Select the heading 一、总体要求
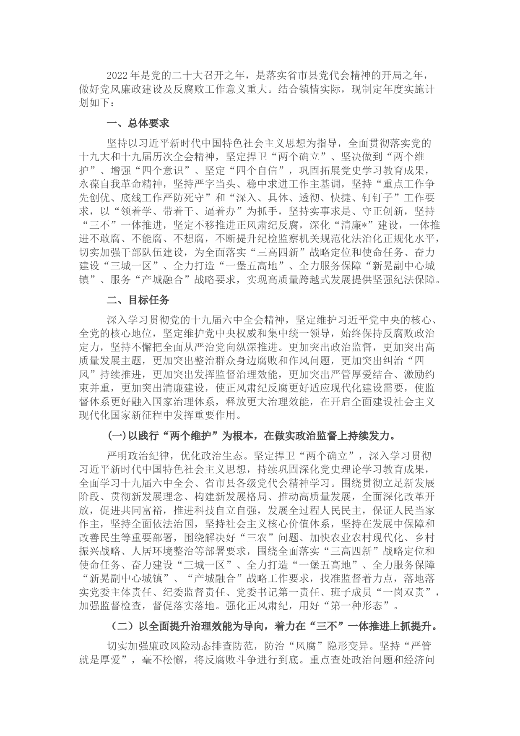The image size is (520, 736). click(x=138, y=123)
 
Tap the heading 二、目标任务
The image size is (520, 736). click(x=138, y=300)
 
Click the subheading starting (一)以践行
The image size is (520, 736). click(x=251, y=436)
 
